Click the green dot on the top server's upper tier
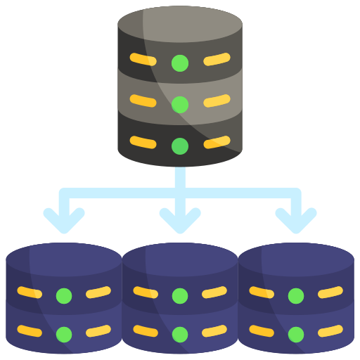point(180,63)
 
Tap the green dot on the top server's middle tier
point(180,104)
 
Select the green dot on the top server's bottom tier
point(180,146)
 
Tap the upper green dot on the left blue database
point(64,295)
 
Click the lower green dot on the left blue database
point(64,334)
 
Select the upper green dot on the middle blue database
point(180,295)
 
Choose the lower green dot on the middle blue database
point(180,334)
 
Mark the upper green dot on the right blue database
point(296,295)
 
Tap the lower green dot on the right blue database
point(296,334)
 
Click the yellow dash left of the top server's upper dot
point(143,60)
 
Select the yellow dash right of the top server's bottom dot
point(217,143)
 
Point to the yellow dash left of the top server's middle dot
point(143,101)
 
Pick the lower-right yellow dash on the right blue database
point(330,330)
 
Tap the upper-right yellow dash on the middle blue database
point(214,292)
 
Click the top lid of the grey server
point(180,24)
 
